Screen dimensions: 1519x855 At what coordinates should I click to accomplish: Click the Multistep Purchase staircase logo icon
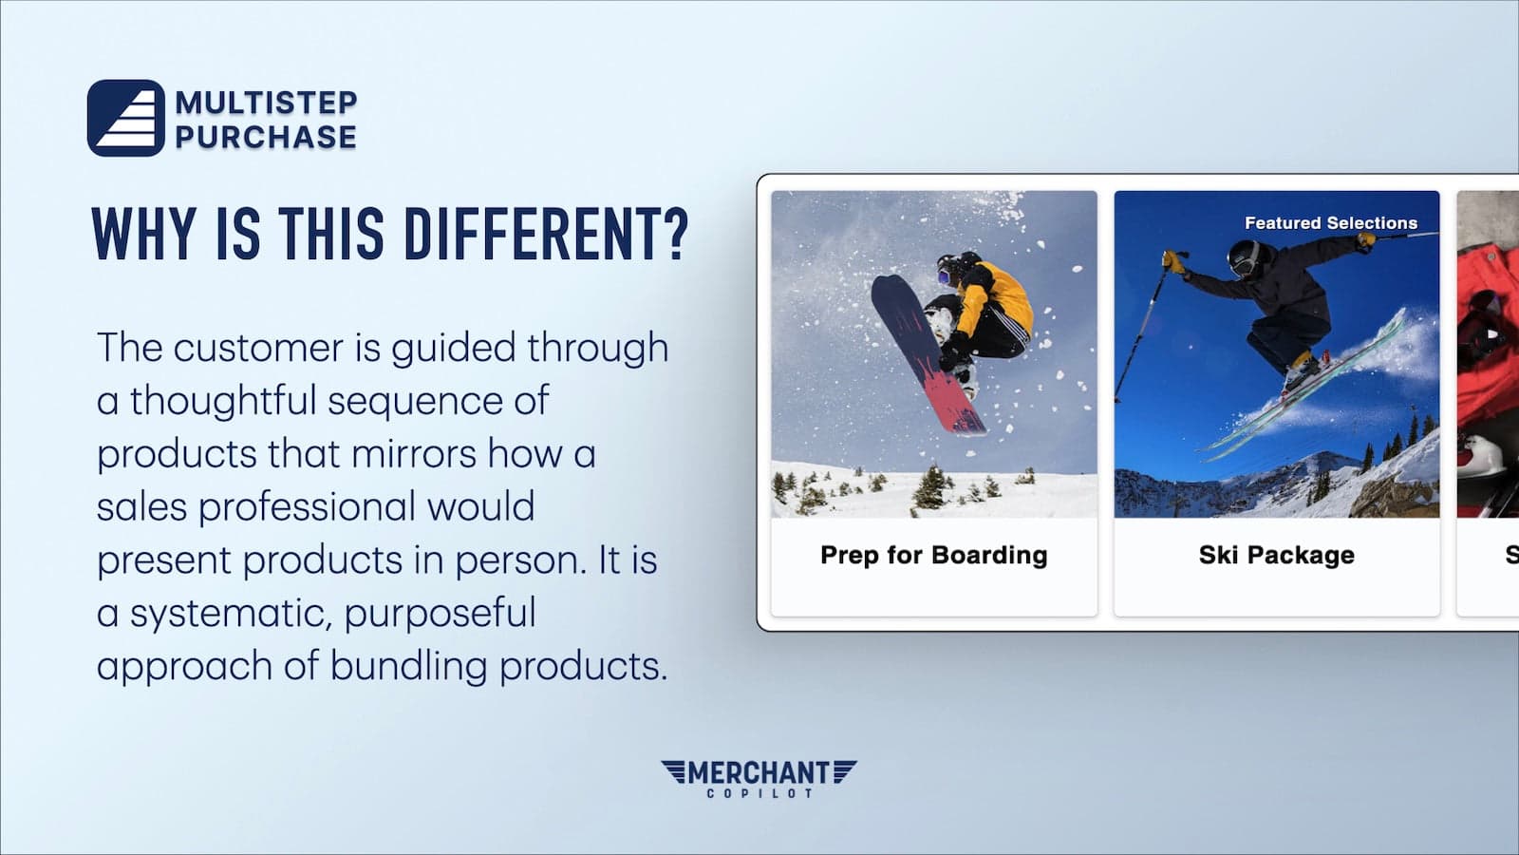[126, 118]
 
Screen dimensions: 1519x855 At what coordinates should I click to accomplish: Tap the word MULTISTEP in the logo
[266, 103]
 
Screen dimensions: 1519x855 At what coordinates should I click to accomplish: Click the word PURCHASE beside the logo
[266, 137]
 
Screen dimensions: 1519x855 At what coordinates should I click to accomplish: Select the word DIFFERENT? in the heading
[547, 234]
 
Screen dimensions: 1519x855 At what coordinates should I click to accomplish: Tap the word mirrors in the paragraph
[414, 453]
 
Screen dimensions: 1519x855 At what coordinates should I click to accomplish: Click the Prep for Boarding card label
[934, 555]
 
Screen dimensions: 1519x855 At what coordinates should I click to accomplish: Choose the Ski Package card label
[1276, 555]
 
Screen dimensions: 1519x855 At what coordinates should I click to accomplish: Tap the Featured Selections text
[1330, 223]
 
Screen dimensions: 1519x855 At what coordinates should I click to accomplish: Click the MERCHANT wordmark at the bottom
[759, 773]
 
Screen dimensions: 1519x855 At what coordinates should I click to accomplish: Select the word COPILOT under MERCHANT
[759, 793]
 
